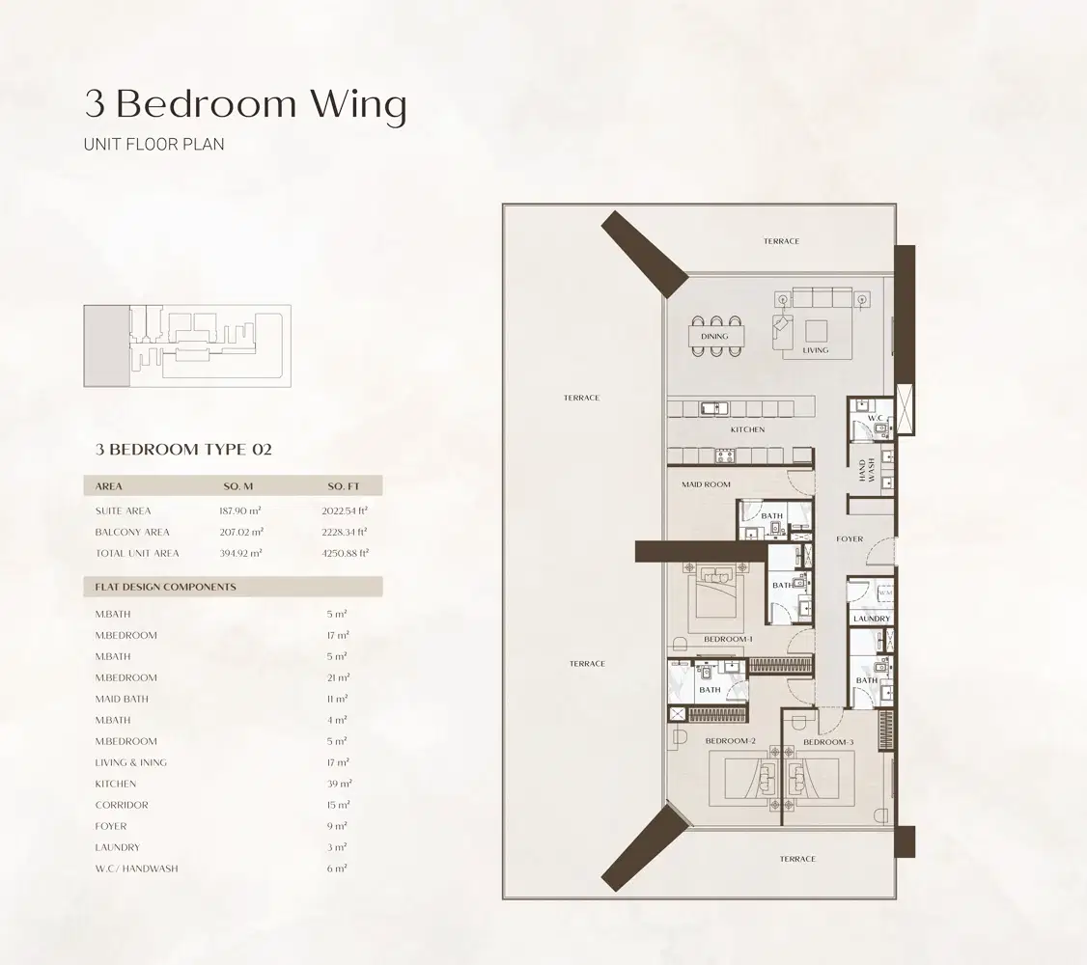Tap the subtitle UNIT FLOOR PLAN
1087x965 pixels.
point(154,145)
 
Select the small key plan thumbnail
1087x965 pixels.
point(187,346)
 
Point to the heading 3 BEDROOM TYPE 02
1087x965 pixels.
point(183,449)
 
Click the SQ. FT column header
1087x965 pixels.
point(343,486)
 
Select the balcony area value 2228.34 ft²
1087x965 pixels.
point(345,532)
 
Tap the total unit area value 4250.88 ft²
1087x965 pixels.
point(345,553)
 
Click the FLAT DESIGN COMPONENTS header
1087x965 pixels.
point(165,587)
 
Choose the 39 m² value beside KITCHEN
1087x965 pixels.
point(338,784)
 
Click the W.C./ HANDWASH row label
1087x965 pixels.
point(136,868)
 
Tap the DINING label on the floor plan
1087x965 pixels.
point(714,337)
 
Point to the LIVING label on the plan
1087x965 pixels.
point(816,350)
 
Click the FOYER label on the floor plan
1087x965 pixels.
point(850,539)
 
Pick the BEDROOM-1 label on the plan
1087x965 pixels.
point(728,640)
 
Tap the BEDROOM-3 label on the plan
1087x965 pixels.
point(828,741)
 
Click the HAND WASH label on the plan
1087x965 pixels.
point(866,471)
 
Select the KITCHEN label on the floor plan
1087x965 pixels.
point(747,429)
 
